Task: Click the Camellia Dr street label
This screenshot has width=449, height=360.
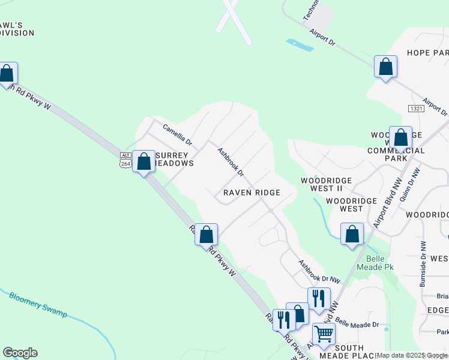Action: click(x=177, y=135)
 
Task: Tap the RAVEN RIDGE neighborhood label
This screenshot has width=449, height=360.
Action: click(x=252, y=193)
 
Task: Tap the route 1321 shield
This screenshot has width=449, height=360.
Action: click(x=416, y=108)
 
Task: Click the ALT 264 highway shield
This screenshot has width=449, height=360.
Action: click(x=125, y=160)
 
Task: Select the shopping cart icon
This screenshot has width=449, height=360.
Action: click(x=324, y=334)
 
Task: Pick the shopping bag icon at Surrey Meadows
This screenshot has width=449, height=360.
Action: click(x=144, y=161)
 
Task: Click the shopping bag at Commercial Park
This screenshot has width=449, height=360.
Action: click(x=400, y=137)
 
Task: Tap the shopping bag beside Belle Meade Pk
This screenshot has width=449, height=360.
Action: click(x=352, y=234)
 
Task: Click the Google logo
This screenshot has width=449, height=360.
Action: click(x=20, y=353)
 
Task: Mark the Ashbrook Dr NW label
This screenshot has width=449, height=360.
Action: click(x=319, y=271)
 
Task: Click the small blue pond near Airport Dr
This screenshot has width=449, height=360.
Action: click(x=300, y=45)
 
